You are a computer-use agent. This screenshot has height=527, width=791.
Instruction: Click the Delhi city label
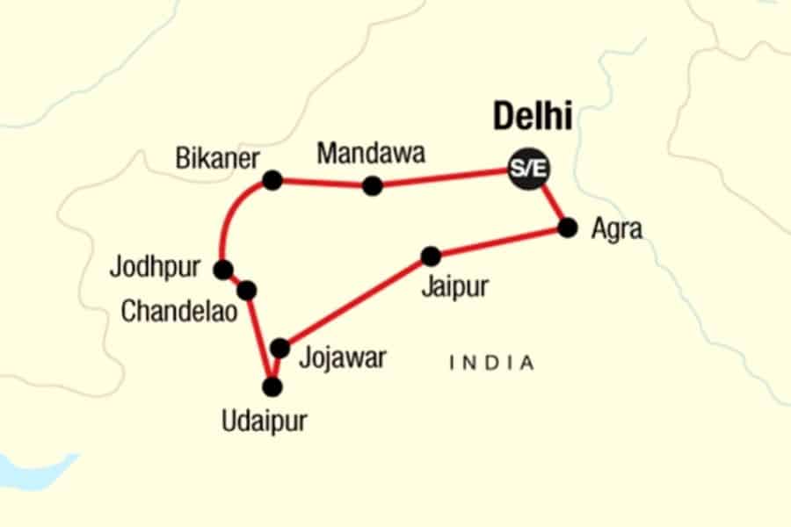coord(533,116)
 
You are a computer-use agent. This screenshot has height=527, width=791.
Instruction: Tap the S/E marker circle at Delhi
coord(530,169)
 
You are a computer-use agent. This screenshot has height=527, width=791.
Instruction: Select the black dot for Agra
coord(568,228)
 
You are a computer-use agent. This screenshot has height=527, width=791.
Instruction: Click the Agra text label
coord(616,229)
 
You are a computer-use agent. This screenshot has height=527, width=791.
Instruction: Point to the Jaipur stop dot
coord(431,256)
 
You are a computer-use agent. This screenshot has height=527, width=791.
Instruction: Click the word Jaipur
coord(454,287)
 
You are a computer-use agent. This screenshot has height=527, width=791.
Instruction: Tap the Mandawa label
coord(371,154)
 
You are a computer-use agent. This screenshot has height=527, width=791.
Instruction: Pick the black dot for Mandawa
coord(373,185)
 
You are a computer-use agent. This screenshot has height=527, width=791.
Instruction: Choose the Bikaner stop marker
coord(272,180)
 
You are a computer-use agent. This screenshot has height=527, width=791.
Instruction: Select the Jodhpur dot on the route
coord(223,270)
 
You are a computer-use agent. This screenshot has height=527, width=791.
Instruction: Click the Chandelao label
coord(180,312)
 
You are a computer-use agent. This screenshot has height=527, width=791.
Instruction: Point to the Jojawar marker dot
coord(279,349)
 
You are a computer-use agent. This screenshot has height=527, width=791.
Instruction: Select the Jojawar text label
coord(343,357)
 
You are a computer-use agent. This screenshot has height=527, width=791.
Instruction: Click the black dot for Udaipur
coord(273,386)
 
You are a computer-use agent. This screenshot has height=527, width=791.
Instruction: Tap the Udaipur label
coord(265,422)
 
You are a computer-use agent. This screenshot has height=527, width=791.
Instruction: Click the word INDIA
coord(491,362)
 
